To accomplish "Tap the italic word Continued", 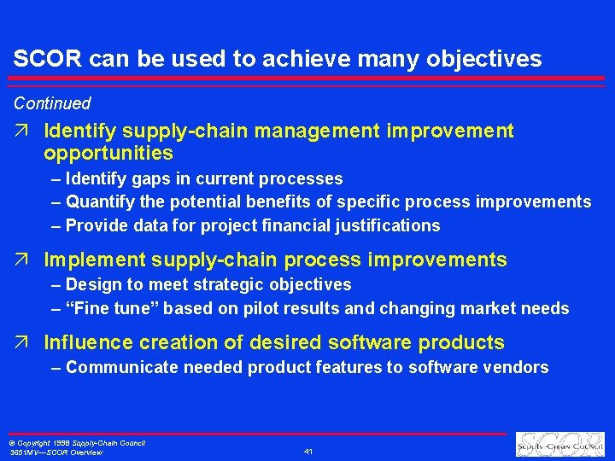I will pos(51,103).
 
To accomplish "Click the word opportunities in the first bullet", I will pos(108,154).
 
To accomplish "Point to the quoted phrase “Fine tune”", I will pos(105,308).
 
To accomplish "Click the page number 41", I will pos(308,451).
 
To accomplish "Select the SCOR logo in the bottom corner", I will pos(561,445).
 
